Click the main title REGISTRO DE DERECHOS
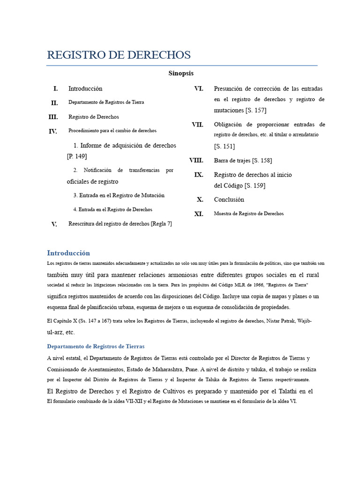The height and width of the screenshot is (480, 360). (119, 55)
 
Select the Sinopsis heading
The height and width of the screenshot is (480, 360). (181, 73)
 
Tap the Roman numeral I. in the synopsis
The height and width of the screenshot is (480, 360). (55, 89)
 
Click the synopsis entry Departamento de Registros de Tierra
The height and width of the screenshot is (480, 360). (106, 102)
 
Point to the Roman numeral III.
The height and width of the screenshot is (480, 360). (53, 117)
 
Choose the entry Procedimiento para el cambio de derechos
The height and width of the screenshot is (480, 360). (112, 131)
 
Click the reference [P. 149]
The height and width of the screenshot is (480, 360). (77, 156)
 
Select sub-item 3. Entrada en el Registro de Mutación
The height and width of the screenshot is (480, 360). (119, 195)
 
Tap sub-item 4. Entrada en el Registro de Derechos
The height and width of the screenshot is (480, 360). (112, 210)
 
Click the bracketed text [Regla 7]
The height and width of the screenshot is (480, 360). (161, 224)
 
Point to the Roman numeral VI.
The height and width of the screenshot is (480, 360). (198, 89)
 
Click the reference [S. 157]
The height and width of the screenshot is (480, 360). (255, 110)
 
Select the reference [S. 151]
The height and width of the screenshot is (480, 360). (225, 146)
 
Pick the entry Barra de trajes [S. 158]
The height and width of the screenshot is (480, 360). (242, 160)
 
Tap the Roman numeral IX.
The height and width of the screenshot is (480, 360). (199, 174)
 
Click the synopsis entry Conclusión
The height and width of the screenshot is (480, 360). (229, 199)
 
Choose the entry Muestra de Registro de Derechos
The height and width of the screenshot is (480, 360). (248, 214)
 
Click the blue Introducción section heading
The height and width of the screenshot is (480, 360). (68, 253)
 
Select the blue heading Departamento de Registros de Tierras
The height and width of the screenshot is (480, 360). (96, 346)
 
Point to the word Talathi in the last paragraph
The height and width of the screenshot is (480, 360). (286, 391)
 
